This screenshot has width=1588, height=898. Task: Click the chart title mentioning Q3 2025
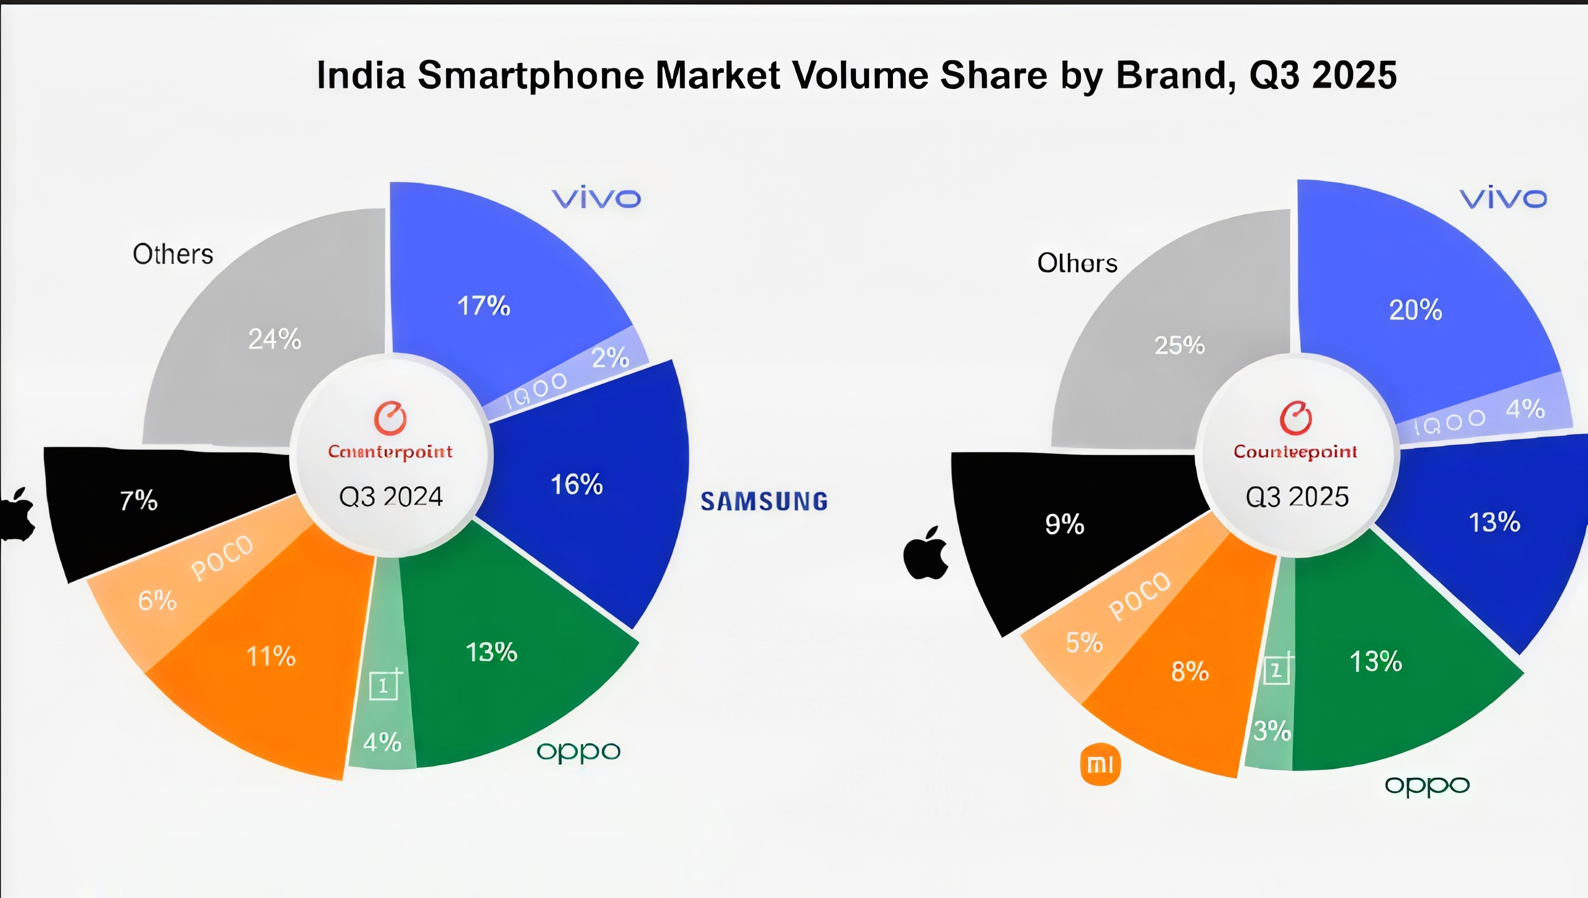click(856, 75)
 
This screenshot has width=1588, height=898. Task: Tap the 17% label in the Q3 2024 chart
click(483, 306)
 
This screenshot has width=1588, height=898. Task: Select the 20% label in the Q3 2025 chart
click(1415, 310)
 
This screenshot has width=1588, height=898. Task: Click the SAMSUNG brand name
click(764, 502)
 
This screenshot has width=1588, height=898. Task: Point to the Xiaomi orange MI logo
click(1100, 765)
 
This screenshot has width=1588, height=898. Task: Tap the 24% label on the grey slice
click(274, 338)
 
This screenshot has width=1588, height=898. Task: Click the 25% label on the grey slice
click(1179, 345)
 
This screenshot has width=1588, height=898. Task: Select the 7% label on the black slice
click(139, 500)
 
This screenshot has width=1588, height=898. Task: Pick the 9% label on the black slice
click(1064, 524)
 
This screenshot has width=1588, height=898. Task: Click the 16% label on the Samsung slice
click(577, 485)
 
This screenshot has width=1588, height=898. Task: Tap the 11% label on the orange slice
click(271, 656)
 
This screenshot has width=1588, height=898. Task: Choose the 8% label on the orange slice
click(1189, 671)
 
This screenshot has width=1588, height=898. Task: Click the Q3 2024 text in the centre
click(391, 497)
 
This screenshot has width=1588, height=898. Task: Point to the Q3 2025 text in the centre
click(1297, 497)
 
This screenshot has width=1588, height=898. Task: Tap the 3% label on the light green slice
click(1272, 731)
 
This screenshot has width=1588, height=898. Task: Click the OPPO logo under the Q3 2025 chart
click(1427, 786)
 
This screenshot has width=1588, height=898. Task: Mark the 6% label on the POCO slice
click(157, 600)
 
